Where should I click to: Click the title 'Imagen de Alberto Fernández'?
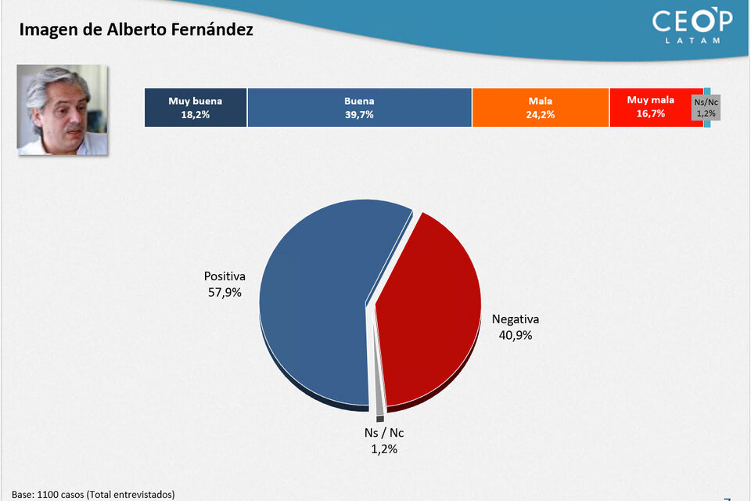point(136,30)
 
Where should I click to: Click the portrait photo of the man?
point(63,110)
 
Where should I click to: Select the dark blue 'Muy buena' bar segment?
point(196,107)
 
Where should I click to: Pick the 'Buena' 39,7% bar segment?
point(359,107)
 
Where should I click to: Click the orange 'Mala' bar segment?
point(541,107)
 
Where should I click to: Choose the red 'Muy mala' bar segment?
point(651,107)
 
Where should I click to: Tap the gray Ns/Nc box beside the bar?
point(706,107)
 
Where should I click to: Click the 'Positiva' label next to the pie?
point(225,276)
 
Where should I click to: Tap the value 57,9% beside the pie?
point(225,293)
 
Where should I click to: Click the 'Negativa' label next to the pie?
point(516,319)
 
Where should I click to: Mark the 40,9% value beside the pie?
point(516,335)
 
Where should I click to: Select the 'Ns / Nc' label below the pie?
point(384,433)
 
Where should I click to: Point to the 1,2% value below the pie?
point(384,449)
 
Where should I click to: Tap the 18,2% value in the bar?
point(196,114)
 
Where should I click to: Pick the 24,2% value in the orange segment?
point(541,114)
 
